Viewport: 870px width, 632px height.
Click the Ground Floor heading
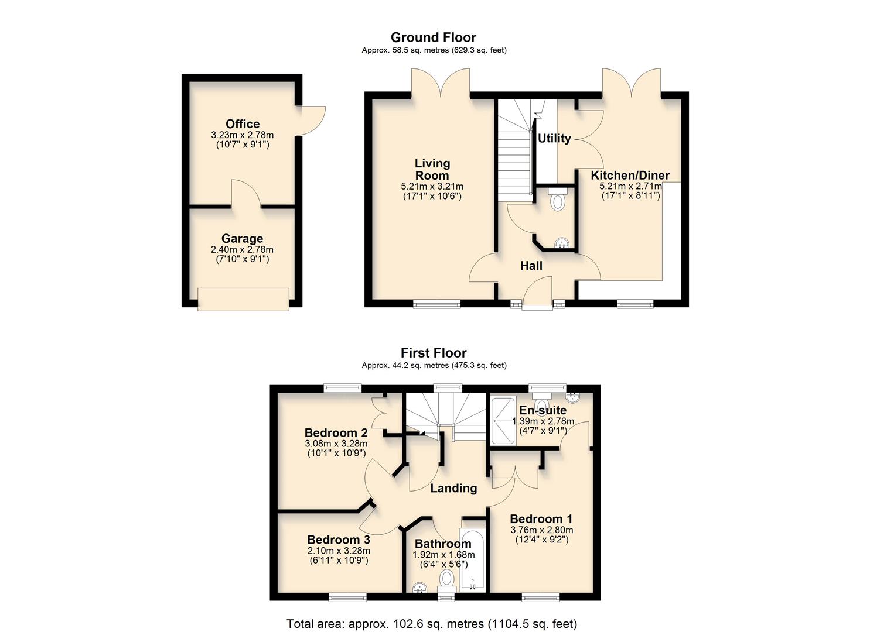click(x=434, y=37)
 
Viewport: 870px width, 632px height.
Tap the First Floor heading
click(x=434, y=353)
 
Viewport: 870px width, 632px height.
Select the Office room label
click(x=243, y=124)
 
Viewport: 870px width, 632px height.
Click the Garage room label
click(x=242, y=239)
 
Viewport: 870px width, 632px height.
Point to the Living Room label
click(x=432, y=169)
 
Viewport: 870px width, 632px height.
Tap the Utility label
click(x=554, y=138)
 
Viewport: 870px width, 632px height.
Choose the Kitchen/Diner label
click(x=630, y=176)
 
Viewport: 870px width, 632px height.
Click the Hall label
click(x=531, y=266)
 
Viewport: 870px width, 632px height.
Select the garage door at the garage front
click(x=243, y=299)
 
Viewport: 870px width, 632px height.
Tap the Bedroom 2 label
click(x=336, y=433)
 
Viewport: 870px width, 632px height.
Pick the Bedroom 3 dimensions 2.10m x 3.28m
click(x=339, y=551)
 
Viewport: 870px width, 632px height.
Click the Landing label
click(x=453, y=488)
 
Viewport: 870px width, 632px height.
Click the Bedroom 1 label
click(x=541, y=519)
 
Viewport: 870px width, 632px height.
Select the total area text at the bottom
click(x=432, y=623)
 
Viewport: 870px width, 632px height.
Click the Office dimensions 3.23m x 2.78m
click(x=243, y=135)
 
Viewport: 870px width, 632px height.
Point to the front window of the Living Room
click(x=436, y=303)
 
